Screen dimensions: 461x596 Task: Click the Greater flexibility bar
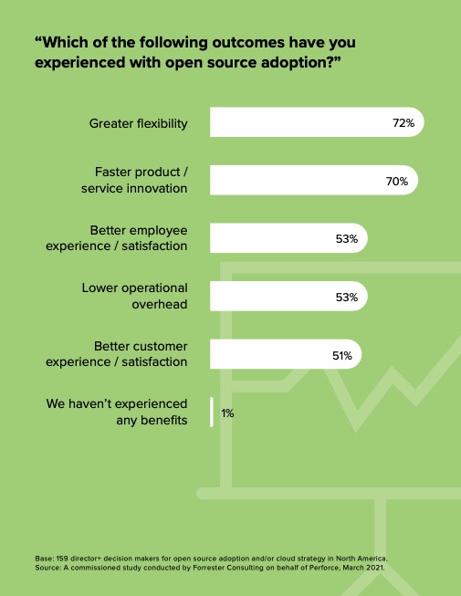(317, 122)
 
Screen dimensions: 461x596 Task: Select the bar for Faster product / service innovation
(314, 180)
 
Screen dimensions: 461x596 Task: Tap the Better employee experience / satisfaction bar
(288, 238)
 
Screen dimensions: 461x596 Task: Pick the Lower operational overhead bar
(288, 296)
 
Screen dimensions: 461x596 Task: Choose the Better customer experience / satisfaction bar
(286, 354)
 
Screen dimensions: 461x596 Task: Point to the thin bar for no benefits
(212, 412)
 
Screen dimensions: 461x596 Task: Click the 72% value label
(403, 123)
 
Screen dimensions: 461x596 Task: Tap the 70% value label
(397, 182)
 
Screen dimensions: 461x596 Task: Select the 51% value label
(342, 355)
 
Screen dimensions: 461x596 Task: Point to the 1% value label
(227, 413)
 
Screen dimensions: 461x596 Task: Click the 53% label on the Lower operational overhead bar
(347, 297)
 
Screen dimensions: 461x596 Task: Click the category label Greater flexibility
(139, 123)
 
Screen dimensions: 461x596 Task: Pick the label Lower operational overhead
(134, 296)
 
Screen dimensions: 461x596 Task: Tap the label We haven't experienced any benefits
(117, 412)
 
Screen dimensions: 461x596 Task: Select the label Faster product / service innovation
(134, 180)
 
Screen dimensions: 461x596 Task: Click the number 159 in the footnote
(62, 559)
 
